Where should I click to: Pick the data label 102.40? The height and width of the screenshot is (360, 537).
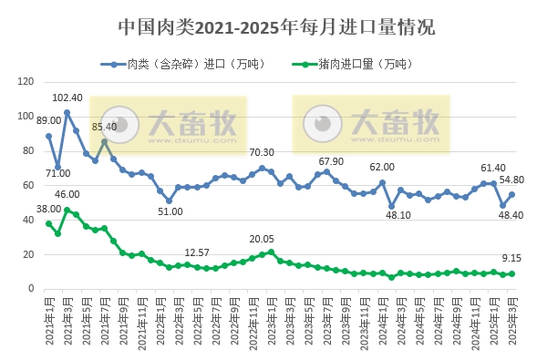click(x=67, y=98)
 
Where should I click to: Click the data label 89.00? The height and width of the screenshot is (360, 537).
click(x=48, y=120)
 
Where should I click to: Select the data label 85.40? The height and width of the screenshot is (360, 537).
click(x=103, y=127)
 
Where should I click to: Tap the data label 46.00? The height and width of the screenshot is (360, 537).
click(x=67, y=194)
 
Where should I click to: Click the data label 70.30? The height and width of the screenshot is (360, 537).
click(x=263, y=152)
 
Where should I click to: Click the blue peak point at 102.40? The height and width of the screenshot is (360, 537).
click(x=67, y=112)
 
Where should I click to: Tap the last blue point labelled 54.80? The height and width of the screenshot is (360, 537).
click(x=512, y=194)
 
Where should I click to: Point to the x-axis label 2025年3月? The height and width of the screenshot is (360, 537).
click(x=512, y=325)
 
